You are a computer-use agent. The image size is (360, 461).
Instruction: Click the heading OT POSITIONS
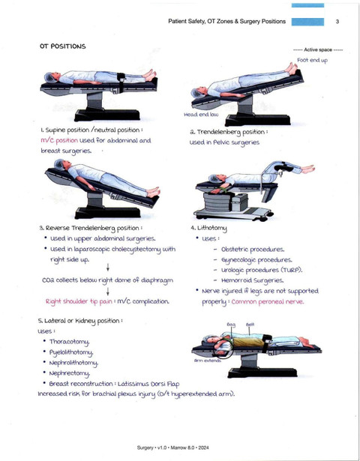(x=63, y=46)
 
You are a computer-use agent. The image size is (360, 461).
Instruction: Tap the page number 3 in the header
(x=337, y=22)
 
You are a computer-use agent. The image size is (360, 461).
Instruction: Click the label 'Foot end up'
(x=312, y=60)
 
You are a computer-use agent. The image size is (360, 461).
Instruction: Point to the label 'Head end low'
(x=201, y=115)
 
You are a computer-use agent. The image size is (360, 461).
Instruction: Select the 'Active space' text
(x=318, y=49)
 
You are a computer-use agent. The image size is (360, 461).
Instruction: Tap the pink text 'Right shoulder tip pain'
(x=79, y=301)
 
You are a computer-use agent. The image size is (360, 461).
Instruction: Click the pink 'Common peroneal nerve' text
(x=267, y=301)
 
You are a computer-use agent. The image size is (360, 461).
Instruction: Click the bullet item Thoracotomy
(x=69, y=342)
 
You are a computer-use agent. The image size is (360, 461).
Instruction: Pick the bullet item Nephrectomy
(x=69, y=373)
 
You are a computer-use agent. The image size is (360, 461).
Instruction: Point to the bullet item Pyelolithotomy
(x=71, y=352)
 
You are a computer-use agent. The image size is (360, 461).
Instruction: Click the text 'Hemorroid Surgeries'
(x=252, y=280)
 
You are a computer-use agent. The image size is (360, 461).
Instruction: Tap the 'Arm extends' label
(x=207, y=361)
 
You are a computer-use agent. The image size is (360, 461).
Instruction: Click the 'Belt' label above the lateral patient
(x=250, y=325)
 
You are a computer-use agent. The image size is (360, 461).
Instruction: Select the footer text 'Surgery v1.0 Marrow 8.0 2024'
(x=173, y=448)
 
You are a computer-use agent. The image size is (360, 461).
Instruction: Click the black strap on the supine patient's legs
(x=121, y=82)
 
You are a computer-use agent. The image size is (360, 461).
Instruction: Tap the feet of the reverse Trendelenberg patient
(x=154, y=191)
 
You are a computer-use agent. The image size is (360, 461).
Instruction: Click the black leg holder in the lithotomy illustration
(x=283, y=168)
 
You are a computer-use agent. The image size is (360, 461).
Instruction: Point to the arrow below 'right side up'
(x=108, y=268)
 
